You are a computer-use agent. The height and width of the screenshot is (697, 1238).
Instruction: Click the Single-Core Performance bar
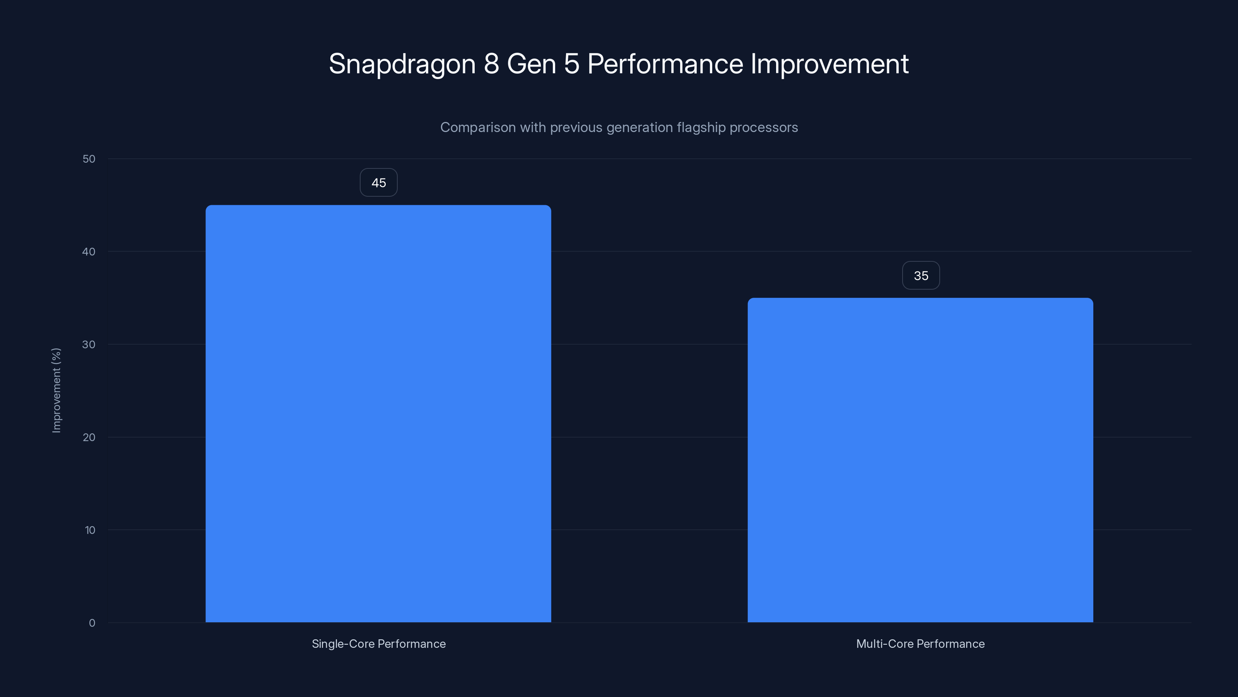pyautogui.click(x=378, y=414)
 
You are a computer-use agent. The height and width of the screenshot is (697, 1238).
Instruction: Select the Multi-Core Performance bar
pyautogui.click(x=920, y=460)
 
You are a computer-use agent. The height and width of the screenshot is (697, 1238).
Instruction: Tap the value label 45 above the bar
pyautogui.click(x=379, y=183)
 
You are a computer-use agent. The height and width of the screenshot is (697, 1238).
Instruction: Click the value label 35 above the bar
pyautogui.click(x=921, y=276)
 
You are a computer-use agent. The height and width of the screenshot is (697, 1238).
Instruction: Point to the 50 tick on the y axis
pyautogui.click(x=89, y=159)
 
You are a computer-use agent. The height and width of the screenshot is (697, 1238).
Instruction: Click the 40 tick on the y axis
pyautogui.click(x=89, y=252)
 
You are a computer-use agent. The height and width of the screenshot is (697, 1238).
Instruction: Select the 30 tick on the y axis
pyautogui.click(x=89, y=344)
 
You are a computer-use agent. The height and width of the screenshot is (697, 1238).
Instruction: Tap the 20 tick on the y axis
pyautogui.click(x=89, y=437)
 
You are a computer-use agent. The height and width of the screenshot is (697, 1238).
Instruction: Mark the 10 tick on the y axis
pyautogui.click(x=90, y=530)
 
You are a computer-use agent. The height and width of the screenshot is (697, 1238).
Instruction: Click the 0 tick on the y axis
pyautogui.click(x=92, y=623)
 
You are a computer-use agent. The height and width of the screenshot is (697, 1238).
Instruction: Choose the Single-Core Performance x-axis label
pyautogui.click(x=379, y=644)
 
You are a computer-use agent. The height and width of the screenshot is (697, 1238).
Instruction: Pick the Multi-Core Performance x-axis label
pyautogui.click(x=920, y=644)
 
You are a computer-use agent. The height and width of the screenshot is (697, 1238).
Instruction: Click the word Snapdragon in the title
pyautogui.click(x=402, y=64)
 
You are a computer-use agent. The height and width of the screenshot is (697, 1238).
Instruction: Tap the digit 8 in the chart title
pyautogui.click(x=491, y=64)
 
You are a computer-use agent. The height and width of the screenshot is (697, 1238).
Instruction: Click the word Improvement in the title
pyautogui.click(x=829, y=64)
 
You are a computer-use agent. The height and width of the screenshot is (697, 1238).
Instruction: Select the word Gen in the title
pyautogui.click(x=531, y=64)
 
